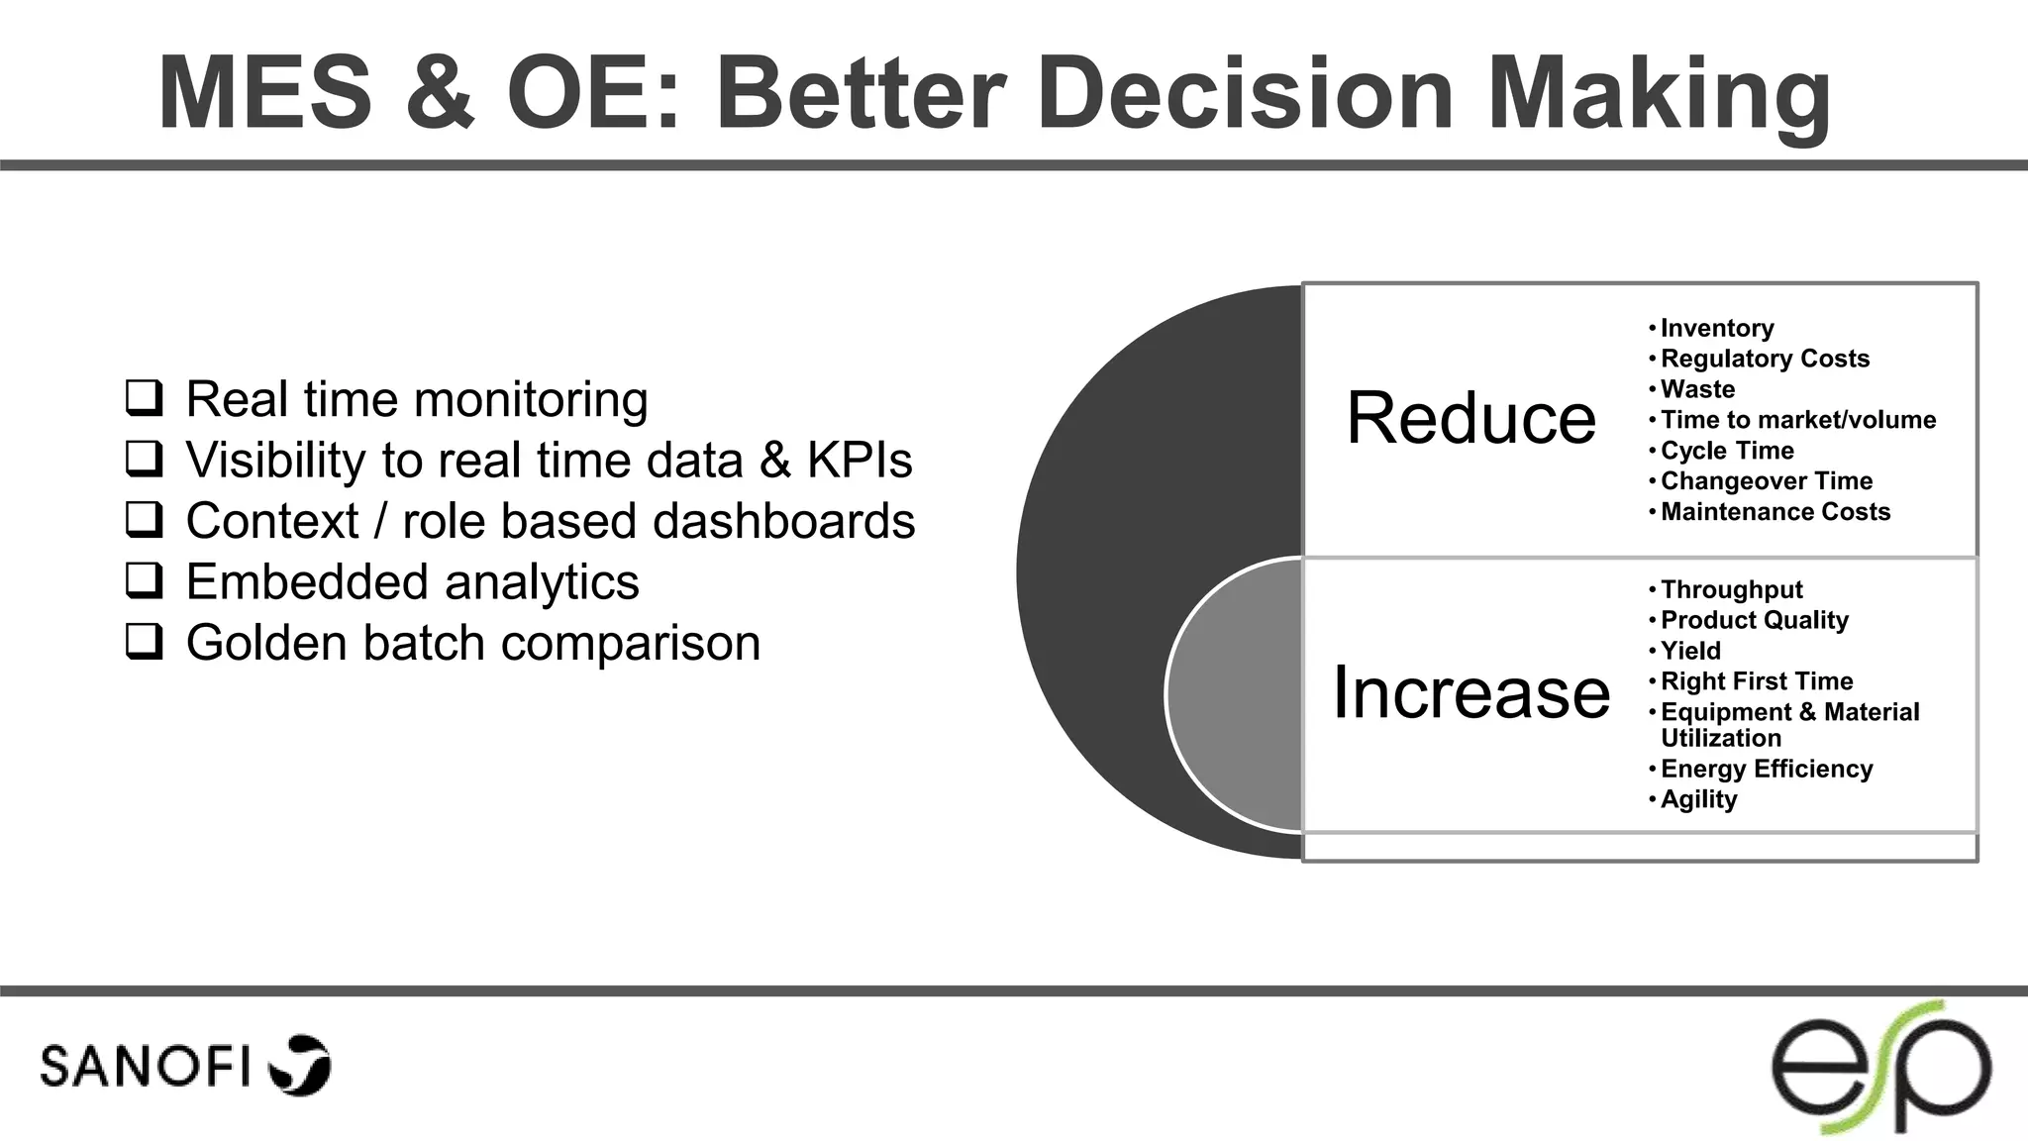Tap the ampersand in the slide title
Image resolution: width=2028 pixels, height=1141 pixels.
pyautogui.click(x=440, y=93)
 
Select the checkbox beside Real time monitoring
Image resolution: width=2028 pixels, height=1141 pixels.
pyautogui.click(x=145, y=397)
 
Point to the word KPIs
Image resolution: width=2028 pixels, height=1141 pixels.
pyautogui.click(x=859, y=461)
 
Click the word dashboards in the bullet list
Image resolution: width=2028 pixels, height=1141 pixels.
pyautogui.click(x=783, y=521)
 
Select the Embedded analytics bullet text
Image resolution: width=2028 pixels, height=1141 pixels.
pyautogui.click(x=412, y=582)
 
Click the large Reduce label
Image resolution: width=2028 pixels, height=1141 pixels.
pyautogui.click(x=1470, y=418)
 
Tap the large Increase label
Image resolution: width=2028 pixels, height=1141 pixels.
pyautogui.click(x=1470, y=692)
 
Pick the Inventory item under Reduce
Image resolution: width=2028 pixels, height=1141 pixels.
pyautogui.click(x=1716, y=328)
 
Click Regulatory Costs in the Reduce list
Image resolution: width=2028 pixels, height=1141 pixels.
pyautogui.click(x=1765, y=359)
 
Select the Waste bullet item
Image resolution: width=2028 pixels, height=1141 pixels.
pyautogui.click(x=1697, y=389)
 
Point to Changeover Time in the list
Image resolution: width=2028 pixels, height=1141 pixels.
pyautogui.click(x=1766, y=481)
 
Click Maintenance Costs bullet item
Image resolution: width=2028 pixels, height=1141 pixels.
pyautogui.click(x=1774, y=512)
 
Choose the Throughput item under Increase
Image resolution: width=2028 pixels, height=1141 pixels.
pyautogui.click(x=1731, y=589)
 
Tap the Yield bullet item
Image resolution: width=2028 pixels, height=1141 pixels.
pyautogui.click(x=1690, y=651)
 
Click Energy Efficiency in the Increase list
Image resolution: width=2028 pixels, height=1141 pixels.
pyautogui.click(x=1766, y=769)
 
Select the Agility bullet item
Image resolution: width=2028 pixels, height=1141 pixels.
pyautogui.click(x=1698, y=799)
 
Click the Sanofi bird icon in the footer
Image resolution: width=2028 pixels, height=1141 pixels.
pyautogui.click(x=301, y=1066)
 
